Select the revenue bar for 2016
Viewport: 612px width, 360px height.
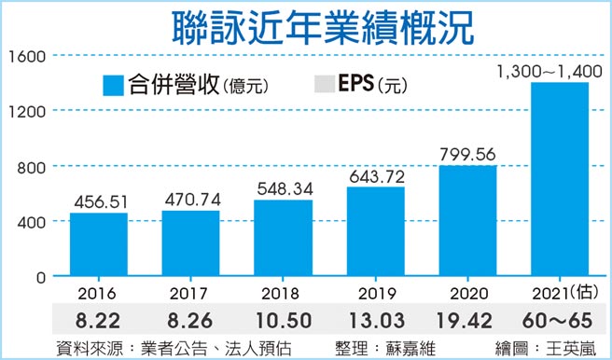(x=98, y=244)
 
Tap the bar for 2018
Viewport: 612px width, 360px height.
(x=283, y=238)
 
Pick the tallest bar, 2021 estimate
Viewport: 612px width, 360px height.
(x=559, y=179)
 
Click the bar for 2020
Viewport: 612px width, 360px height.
(x=467, y=221)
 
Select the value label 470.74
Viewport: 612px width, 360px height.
(x=190, y=198)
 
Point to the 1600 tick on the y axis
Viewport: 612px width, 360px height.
(x=27, y=56)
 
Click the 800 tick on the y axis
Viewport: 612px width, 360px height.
(x=31, y=167)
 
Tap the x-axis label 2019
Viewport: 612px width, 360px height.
(x=375, y=291)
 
